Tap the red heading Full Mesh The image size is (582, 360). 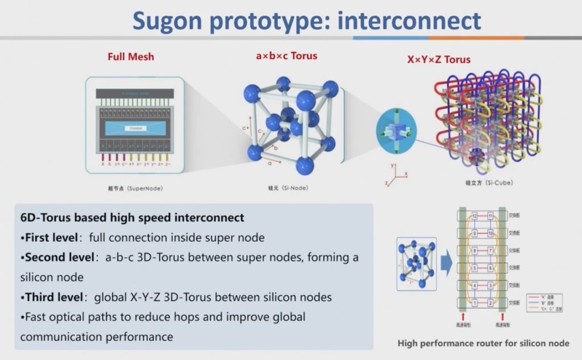tap(131, 57)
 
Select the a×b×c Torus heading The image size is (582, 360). tap(286, 56)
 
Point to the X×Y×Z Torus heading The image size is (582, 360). tap(439, 59)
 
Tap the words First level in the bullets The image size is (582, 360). tap(50, 237)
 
